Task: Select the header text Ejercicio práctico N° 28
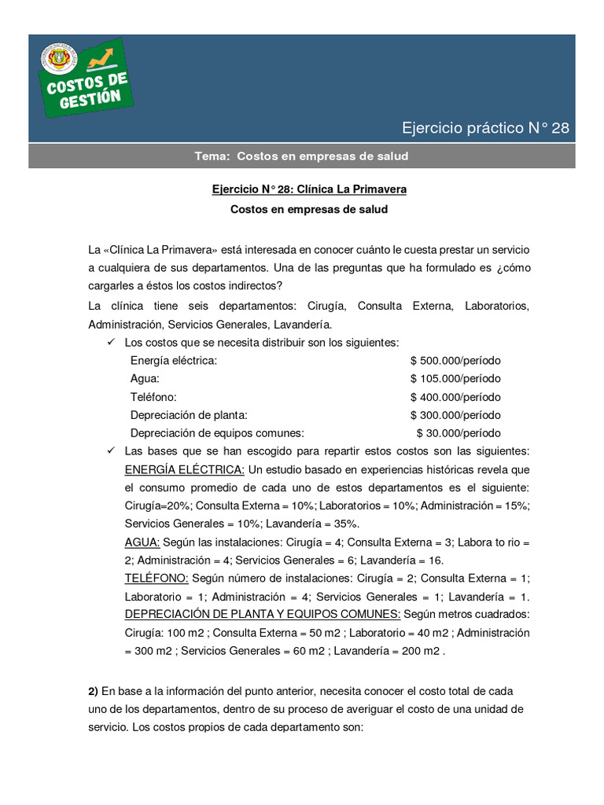coord(485,128)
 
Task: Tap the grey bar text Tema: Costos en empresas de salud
coord(301,156)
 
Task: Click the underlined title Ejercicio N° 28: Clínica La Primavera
coord(309,189)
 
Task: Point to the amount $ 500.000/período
coord(455,360)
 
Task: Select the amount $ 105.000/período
coord(455,378)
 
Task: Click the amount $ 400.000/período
coord(455,397)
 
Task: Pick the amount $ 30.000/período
coord(458,433)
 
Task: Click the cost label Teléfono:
coord(153,397)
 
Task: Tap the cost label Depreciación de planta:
coord(189,415)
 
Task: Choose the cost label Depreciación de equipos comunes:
coord(216,433)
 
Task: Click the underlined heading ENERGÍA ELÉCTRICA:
coord(185,469)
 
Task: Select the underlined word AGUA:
coord(142,542)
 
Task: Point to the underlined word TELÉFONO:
coord(157,578)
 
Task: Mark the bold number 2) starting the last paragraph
coord(93,691)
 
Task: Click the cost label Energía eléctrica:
coord(173,360)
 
